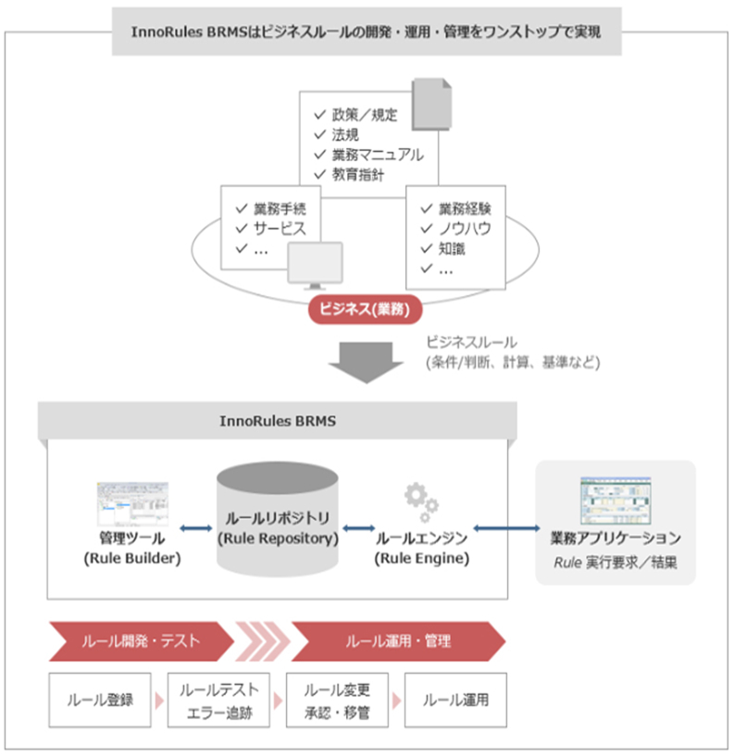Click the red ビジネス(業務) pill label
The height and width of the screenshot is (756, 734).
click(359, 309)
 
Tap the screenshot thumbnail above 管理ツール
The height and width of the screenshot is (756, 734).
click(132, 503)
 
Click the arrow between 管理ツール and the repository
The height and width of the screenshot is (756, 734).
click(196, 528)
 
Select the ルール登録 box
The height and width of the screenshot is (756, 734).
click(100, 700)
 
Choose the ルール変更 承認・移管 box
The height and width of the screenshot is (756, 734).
click(337, 700)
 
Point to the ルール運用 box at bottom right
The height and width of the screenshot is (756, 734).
click(454, 700)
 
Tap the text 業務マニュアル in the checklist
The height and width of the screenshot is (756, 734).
click(378, 154)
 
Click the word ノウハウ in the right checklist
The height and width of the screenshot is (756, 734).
click(465, 229)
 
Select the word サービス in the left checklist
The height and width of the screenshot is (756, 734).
click(280, 229)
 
